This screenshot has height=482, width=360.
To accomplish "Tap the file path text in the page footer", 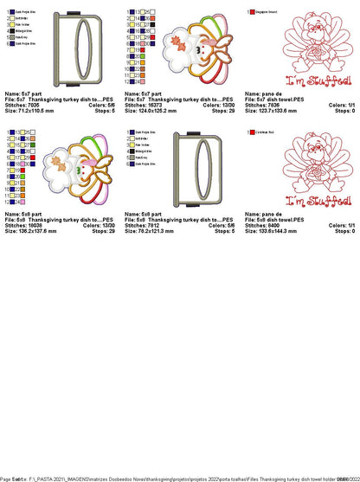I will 173,477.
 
